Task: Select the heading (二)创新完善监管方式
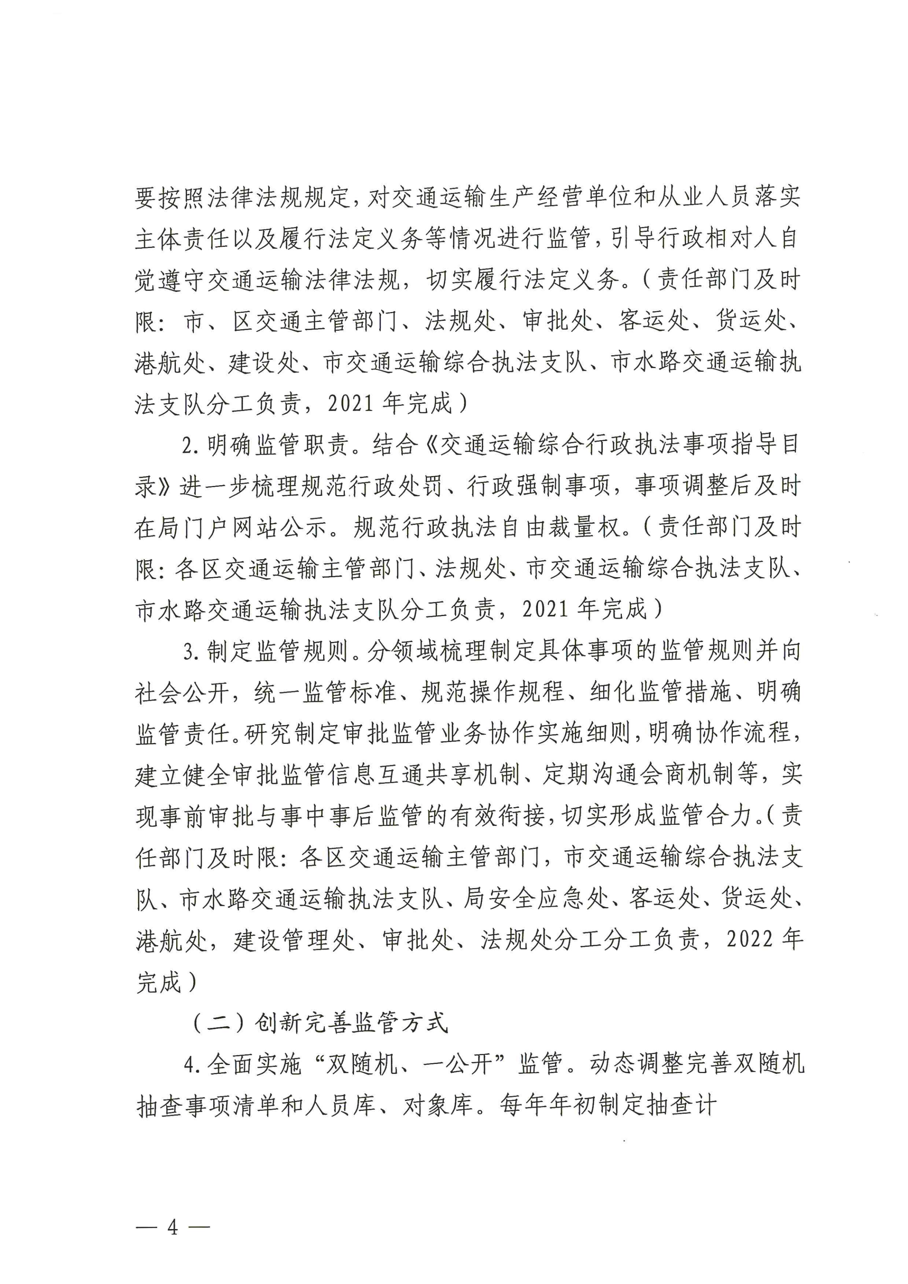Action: pos(319,1023)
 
